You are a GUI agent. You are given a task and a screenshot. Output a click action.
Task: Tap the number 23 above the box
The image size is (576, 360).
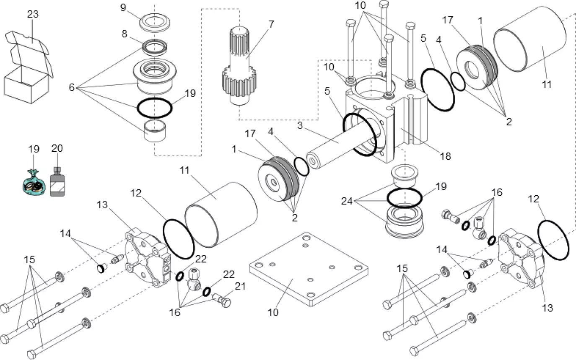pyautogui.click(x=33, y=14)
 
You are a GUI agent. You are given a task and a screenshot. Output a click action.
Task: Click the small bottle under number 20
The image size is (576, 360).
pyautogui.click(x=57, y=181)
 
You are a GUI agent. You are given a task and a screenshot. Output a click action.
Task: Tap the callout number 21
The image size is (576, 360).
pyautogui.click(x=240, y=286)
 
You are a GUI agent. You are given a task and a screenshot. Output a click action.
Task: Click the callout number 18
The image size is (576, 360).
pyautogui.click(x=445, y=156)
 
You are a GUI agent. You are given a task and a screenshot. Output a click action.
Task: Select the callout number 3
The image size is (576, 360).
pyautogui.click(x=300, y=125)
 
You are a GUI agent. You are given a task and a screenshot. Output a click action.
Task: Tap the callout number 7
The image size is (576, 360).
pyautogui.click(x=271, y=24)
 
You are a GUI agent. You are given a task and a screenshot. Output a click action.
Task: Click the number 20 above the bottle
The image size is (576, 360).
pyautogui.click(x=57, y=148)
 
